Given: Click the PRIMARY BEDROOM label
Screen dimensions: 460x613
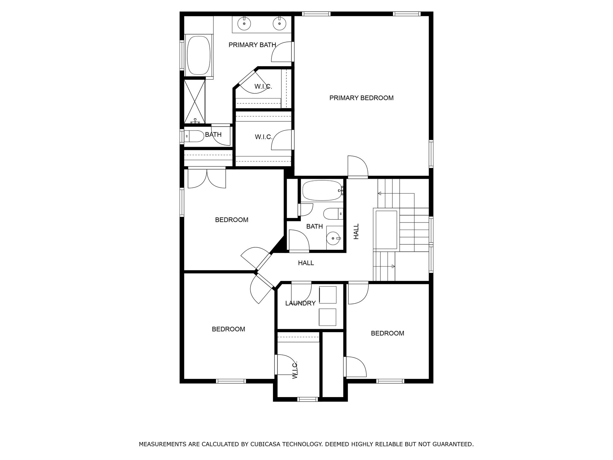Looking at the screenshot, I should click(361, 98).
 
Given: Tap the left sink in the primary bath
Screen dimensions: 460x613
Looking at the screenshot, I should click(244, 24).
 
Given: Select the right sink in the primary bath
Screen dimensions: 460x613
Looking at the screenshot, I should click(279, 24).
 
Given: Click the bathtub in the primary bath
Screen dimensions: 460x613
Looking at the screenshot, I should click(198, 55).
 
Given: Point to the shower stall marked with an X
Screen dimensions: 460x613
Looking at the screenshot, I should click(195, 101).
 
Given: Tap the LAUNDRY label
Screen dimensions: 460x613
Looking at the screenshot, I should click(300, 303).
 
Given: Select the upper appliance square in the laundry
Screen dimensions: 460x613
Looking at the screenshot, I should click(327, 295).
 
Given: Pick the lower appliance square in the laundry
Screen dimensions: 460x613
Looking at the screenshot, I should click(327, 317).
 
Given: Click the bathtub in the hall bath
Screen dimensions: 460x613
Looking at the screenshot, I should click(322, 190).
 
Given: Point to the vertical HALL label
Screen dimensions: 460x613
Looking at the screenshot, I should click(356, 231).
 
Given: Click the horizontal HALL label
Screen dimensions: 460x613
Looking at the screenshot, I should click(306, 263).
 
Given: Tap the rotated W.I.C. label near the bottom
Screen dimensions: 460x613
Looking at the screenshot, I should click(295, 370).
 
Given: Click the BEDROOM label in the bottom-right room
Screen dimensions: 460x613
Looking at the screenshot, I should click(387, 333).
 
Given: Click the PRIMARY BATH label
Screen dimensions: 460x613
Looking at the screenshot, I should click(252, 45).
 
